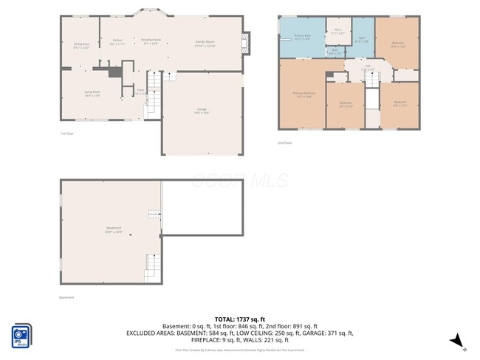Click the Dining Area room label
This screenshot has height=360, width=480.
81,45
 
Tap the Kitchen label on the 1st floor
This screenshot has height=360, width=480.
117,41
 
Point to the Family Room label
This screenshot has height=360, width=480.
205,43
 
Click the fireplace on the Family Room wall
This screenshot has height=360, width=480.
247,42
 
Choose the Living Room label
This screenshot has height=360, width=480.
92,94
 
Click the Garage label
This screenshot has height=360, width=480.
202,111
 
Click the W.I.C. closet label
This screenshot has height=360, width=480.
337,32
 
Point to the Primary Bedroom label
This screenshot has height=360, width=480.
304,94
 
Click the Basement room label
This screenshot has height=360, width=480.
113,229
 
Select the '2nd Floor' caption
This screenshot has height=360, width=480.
284,143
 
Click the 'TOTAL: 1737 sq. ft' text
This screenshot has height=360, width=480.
239,319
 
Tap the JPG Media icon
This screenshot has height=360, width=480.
21,335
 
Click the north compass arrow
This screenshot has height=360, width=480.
457,340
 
